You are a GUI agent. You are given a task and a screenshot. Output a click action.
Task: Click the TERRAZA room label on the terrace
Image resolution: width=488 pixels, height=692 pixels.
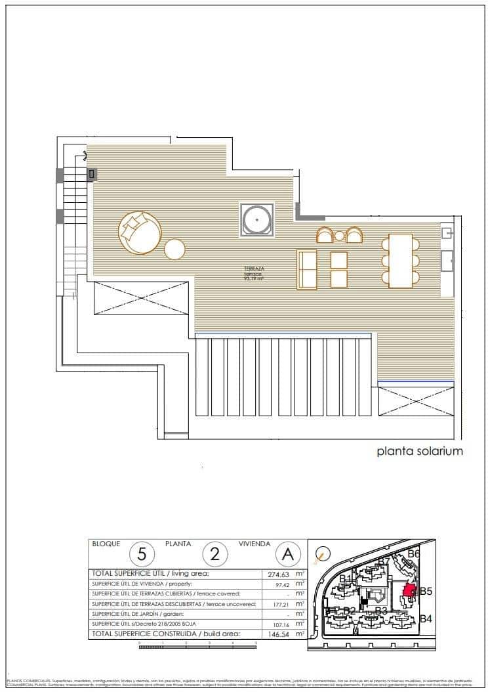pos(254,270)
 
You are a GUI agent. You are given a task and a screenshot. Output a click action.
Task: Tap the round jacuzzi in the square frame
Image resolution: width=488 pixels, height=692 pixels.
pos(256,219)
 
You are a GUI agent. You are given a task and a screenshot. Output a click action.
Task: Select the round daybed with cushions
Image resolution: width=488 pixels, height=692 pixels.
pos(139,232)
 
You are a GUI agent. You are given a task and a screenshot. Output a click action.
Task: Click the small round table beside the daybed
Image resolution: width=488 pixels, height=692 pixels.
pos(175,249)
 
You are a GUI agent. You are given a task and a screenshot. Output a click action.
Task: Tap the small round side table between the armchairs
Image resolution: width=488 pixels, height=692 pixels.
pos(339,236)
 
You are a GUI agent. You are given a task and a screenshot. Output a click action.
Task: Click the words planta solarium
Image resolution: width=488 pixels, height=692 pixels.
pos(420,451)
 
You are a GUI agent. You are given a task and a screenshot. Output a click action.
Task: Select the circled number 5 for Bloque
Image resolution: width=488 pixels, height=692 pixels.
pos(142,554)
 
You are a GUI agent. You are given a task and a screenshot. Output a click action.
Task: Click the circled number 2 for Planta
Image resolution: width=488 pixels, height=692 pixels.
pos(214,554)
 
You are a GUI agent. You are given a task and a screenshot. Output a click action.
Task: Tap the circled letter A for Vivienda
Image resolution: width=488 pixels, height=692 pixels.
pos(287,554)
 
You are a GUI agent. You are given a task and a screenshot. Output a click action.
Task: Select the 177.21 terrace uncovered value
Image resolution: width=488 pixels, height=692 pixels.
pos(280,604)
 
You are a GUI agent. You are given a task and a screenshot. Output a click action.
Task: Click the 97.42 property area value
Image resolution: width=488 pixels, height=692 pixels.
pos(282,584)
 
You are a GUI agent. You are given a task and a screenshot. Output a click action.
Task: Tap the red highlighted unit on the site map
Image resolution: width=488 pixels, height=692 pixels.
pos(409,591)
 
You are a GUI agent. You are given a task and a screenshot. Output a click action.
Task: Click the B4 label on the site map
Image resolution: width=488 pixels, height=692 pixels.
pos(426,618)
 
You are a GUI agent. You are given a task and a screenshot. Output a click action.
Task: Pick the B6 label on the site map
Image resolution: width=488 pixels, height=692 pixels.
pos(413,553)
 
